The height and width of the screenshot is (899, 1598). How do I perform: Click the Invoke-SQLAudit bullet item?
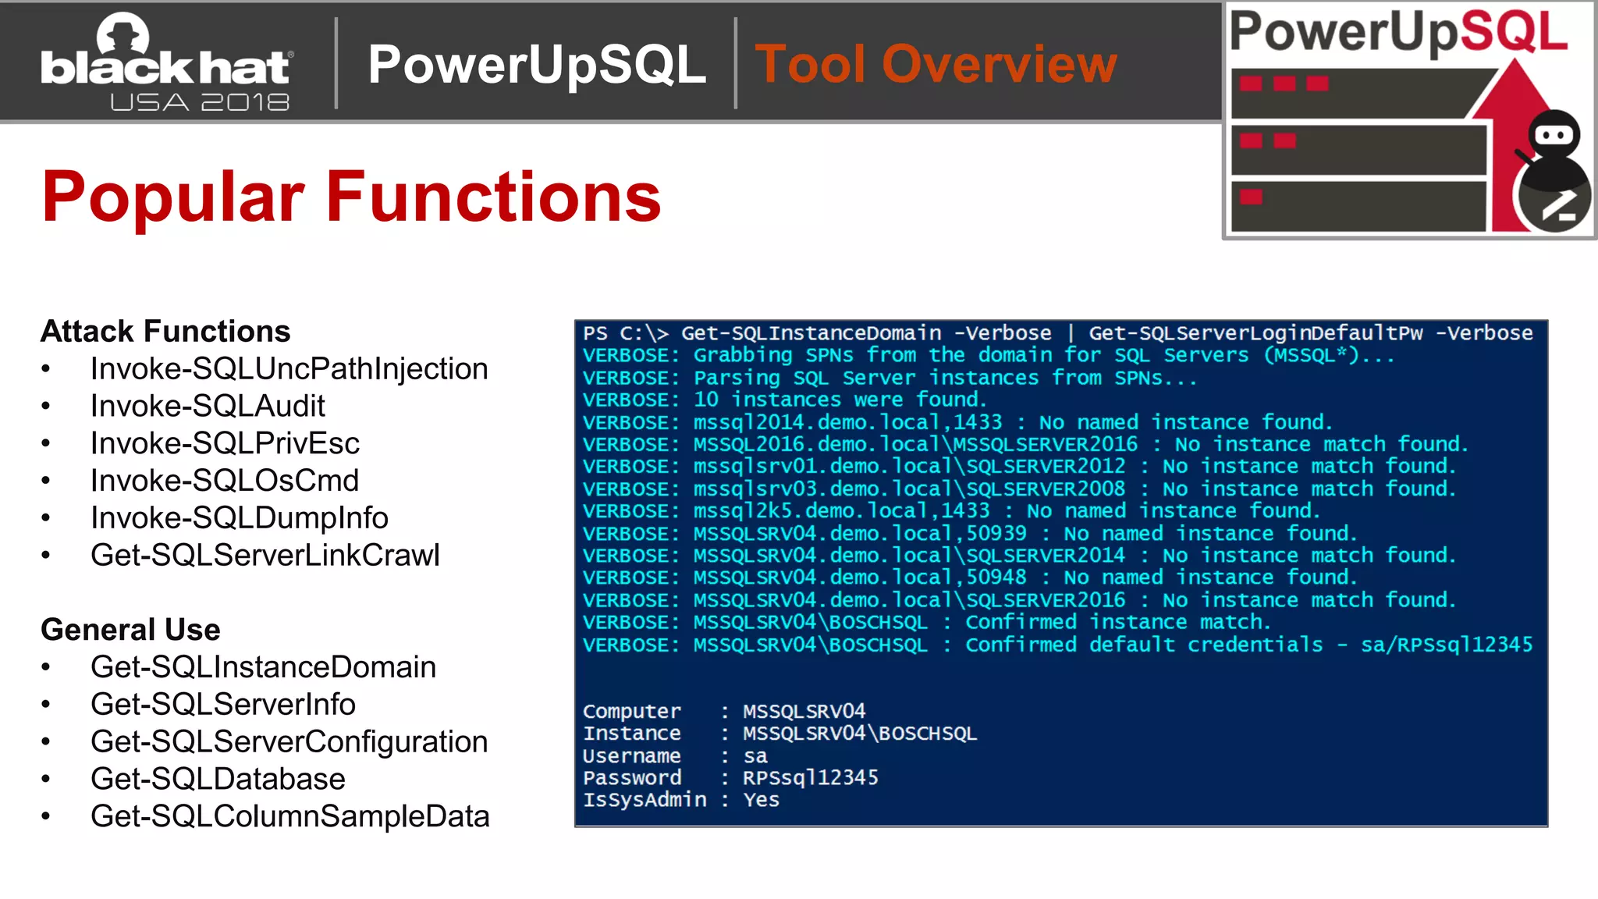[208, 406]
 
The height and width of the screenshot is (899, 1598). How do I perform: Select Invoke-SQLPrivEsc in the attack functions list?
[225, 443]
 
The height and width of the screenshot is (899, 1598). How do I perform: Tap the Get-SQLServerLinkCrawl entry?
[265, 555]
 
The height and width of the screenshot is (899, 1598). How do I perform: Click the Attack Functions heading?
[165, 331]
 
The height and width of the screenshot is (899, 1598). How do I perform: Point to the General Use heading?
[130, 629]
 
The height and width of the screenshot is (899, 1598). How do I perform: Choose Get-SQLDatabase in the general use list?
[218, 779]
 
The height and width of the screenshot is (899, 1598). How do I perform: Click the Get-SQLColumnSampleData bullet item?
[289, 816]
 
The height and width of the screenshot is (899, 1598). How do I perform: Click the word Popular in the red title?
[172, 197]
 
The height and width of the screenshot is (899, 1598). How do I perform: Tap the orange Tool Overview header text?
[936, 64]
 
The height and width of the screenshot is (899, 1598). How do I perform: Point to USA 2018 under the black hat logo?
[200, 102]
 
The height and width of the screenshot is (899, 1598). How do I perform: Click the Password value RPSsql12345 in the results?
[810, 778]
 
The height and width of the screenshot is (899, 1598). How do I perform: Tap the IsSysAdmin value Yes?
[761, 800]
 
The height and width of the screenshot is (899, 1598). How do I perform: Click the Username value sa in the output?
[755, 756]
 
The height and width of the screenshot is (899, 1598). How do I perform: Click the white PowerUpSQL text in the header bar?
[537, 64]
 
